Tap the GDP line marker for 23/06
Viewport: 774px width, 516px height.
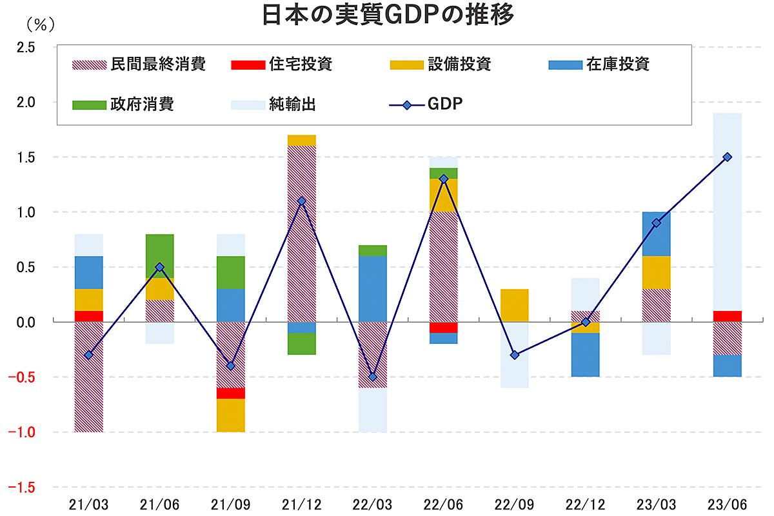[728, 157]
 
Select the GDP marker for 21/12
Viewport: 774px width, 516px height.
[302, 201]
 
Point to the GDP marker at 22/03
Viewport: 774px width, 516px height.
[373, 377]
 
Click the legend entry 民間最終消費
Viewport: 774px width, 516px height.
[139, 64]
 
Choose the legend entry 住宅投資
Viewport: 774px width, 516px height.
[281, 64]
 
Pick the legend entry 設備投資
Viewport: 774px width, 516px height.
[441, 64]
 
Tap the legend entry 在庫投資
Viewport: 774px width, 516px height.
[599, 64]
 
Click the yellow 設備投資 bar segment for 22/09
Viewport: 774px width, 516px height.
[515, 305]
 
